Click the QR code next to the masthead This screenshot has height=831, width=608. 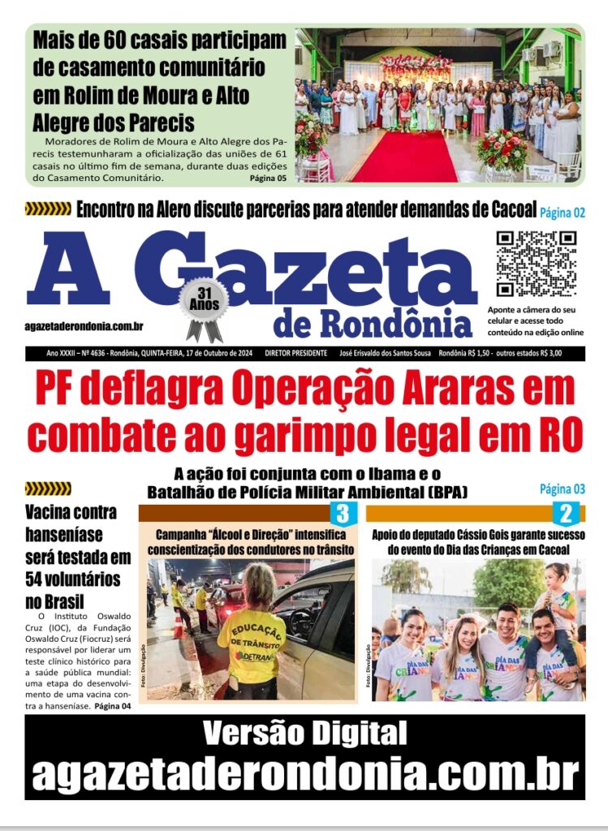pos(536,264)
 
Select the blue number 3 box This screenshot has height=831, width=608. pos(342,513)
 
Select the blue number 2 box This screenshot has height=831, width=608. pos(565,513)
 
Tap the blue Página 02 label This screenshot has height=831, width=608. pos(563,213)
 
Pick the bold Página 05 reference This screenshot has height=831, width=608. pos(268,178)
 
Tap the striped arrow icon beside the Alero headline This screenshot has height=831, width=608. pos(48,209)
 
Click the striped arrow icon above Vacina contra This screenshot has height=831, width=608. pos(48,489)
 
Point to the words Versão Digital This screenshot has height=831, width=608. pos(304,733)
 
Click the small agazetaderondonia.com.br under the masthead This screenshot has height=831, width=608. pos(84,325)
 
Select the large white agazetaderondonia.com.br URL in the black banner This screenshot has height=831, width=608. pos(304,773)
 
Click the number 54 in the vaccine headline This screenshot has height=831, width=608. pos(37,579)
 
